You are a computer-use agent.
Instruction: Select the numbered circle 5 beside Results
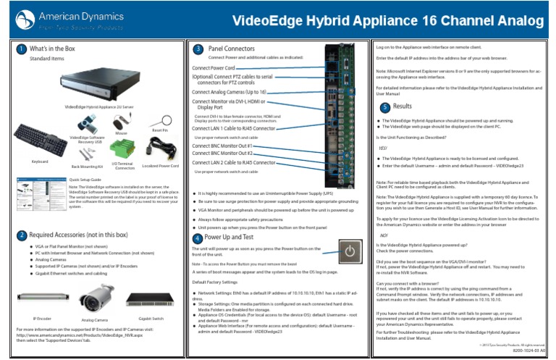[x=385, y=107]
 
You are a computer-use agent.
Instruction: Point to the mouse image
[x=121, y=121]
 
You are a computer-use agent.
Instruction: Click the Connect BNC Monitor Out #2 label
[x=222, y=154]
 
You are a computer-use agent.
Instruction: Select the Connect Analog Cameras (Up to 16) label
[x=229, y=93]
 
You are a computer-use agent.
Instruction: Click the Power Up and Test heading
[x=229, y=238]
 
